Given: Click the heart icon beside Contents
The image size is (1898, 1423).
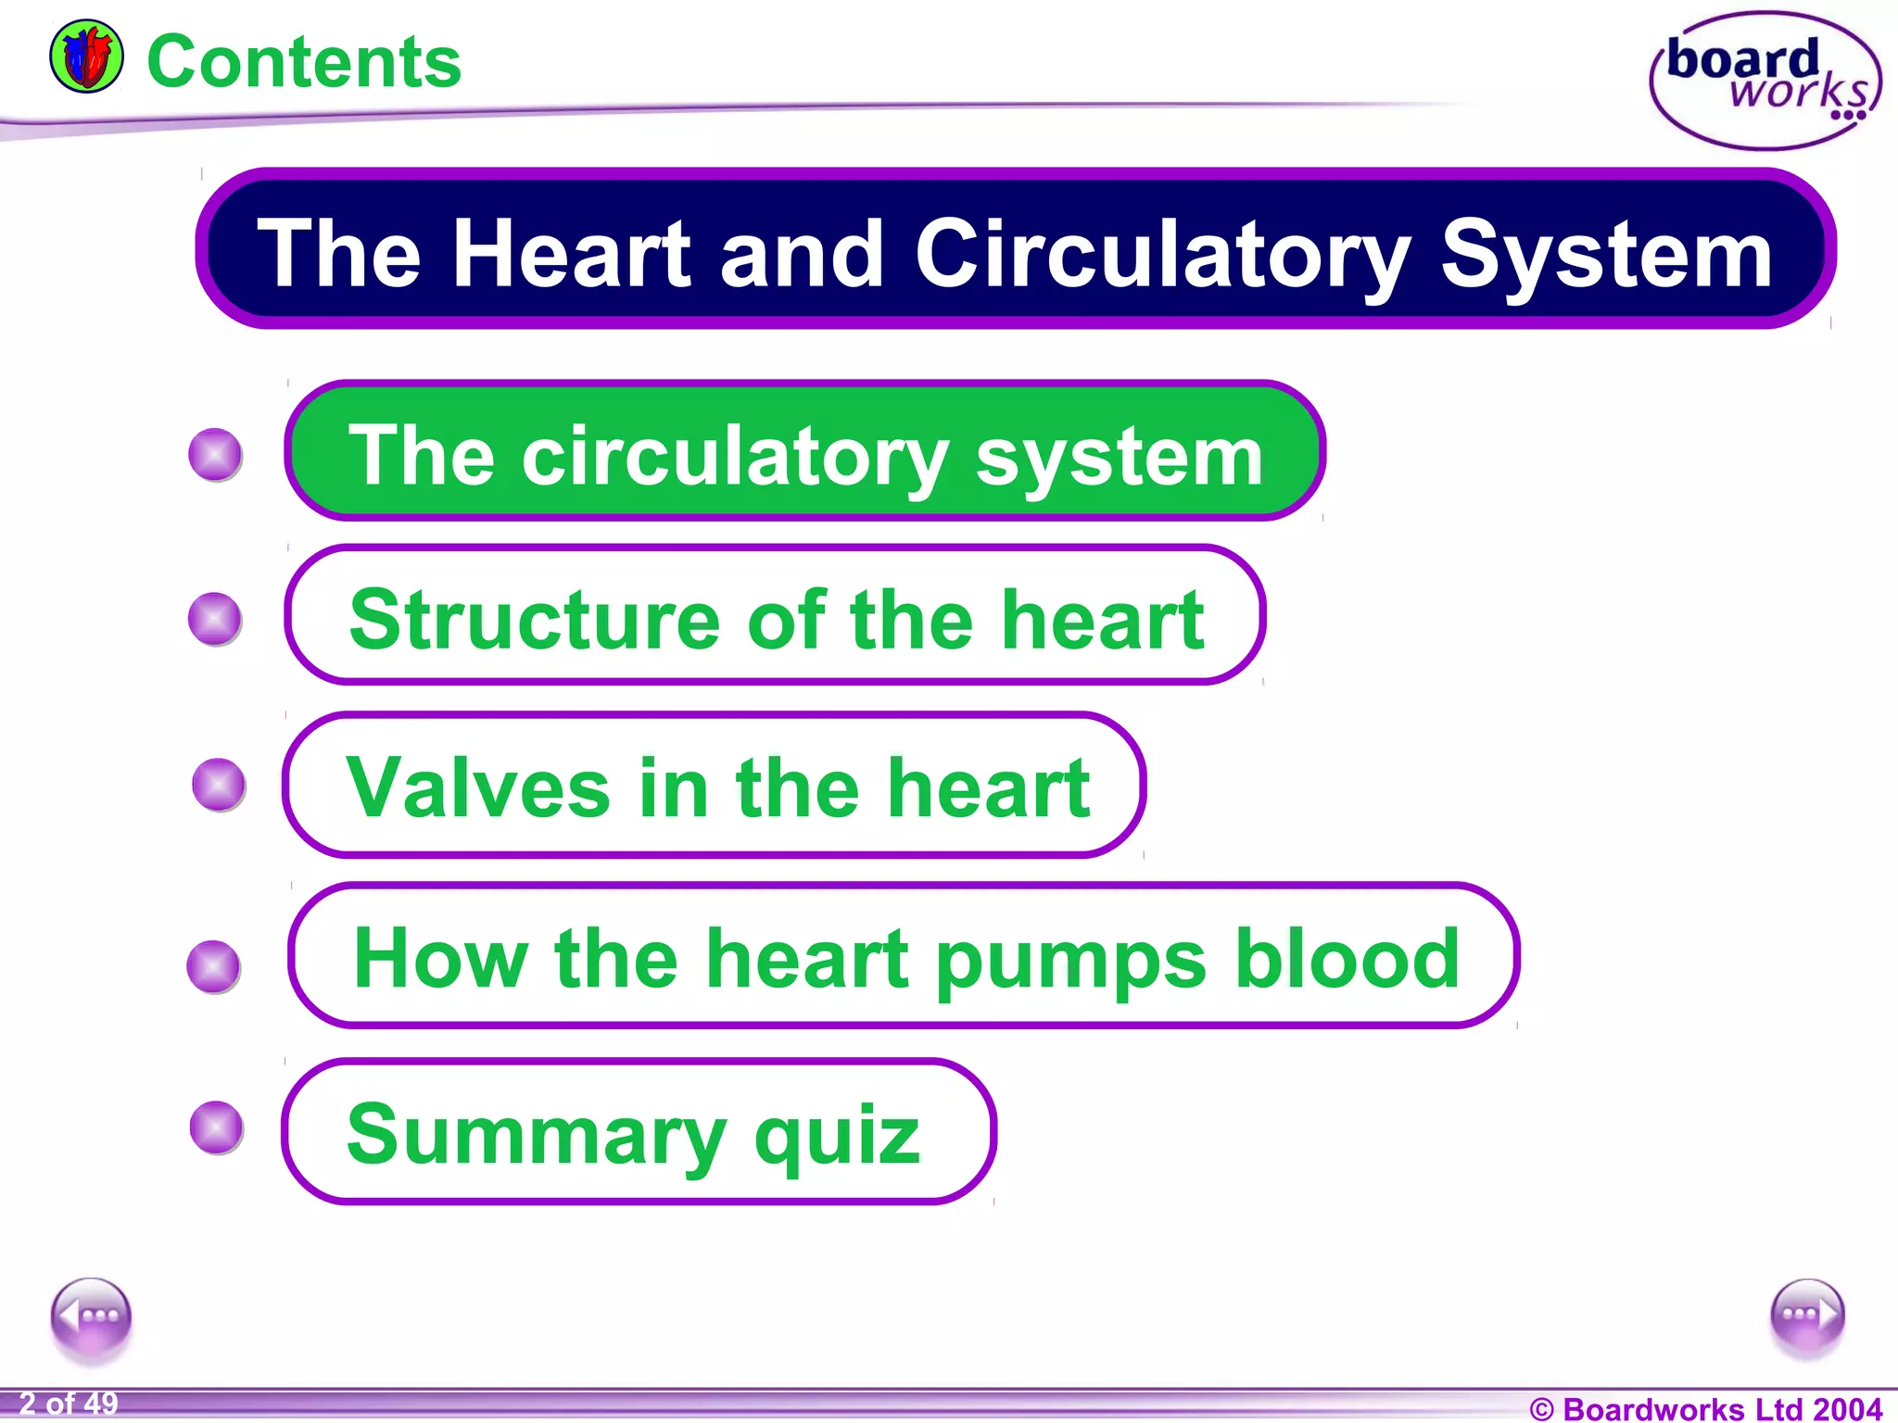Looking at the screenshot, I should click(x=86, y=57).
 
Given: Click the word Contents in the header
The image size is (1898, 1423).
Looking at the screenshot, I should click(x=304, y=62).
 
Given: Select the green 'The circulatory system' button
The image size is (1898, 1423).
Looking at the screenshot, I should click(x=804, y=451).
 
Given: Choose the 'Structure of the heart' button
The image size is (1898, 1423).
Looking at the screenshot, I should click(x=775, y=616).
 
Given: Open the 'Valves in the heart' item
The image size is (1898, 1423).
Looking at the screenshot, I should click(x=715, y=786).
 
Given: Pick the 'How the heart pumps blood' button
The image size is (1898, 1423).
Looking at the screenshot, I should click(x=904, y=956).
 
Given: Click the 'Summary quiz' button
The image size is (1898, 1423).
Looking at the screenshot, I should click(x=639, y=1132).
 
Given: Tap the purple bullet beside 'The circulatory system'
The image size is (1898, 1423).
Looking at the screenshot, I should click(x=215, y=455).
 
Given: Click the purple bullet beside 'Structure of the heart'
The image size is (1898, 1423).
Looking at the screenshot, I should click(x=215, y=619).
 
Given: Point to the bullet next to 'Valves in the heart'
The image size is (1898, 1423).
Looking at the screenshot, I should click(x=219, y=785).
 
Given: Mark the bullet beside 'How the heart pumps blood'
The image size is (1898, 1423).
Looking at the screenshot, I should click(x=214, y=966).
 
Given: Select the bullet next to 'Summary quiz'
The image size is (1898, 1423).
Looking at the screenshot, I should click(x=217, y=1127).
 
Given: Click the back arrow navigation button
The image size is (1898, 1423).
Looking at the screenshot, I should click(x=92, y=1316).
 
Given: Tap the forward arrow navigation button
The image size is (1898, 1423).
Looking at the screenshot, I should click(x=1807, y=1316).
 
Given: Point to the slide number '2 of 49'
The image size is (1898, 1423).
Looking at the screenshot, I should click(x=69, y=1404).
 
